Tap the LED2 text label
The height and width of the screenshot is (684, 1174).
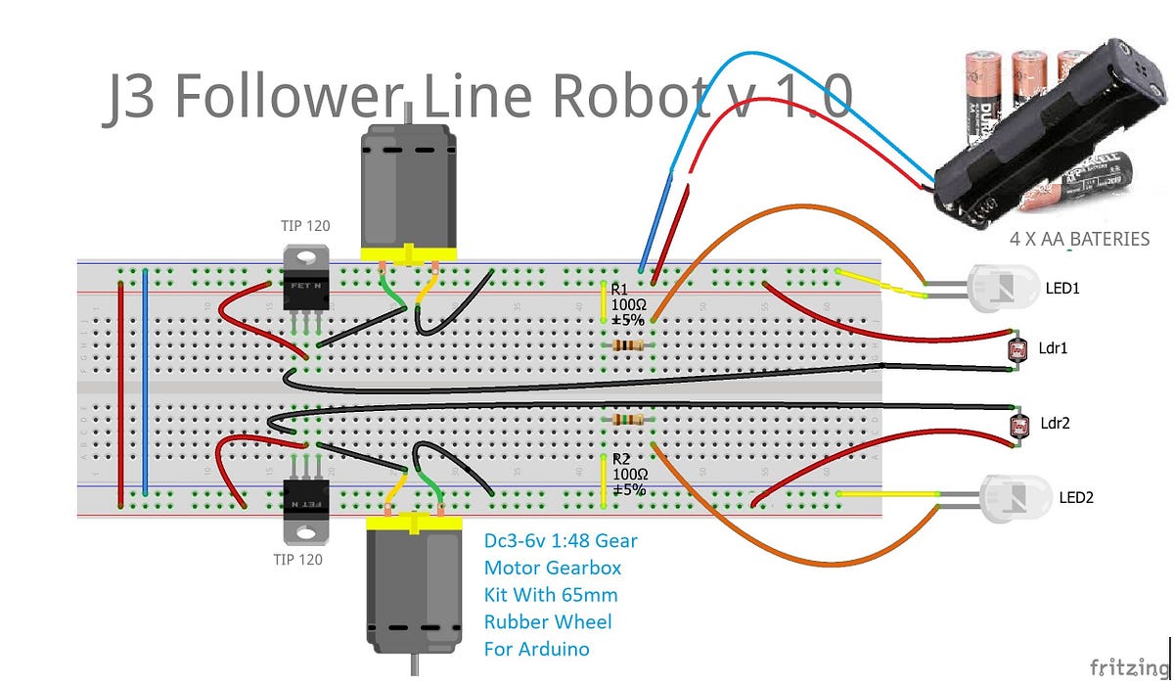coord(1076,497)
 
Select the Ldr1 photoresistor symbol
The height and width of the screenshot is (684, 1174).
coord(1017,349)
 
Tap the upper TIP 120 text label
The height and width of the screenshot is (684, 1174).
coord(305,226)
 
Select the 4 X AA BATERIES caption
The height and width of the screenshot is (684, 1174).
coord(1079,239)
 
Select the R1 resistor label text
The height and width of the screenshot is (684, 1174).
coord(618,291)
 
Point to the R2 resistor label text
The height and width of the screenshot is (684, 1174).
coord(620,458)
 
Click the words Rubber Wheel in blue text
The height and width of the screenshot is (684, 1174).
coord(548,621)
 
